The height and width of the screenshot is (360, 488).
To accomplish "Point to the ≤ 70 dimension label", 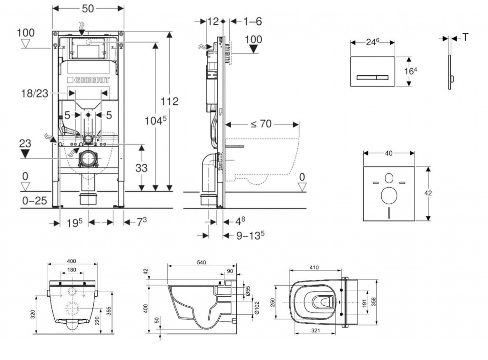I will point(261,124).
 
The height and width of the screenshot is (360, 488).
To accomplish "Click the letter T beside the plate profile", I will point(465,37).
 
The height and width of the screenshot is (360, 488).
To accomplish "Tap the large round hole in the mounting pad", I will point(389,194).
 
